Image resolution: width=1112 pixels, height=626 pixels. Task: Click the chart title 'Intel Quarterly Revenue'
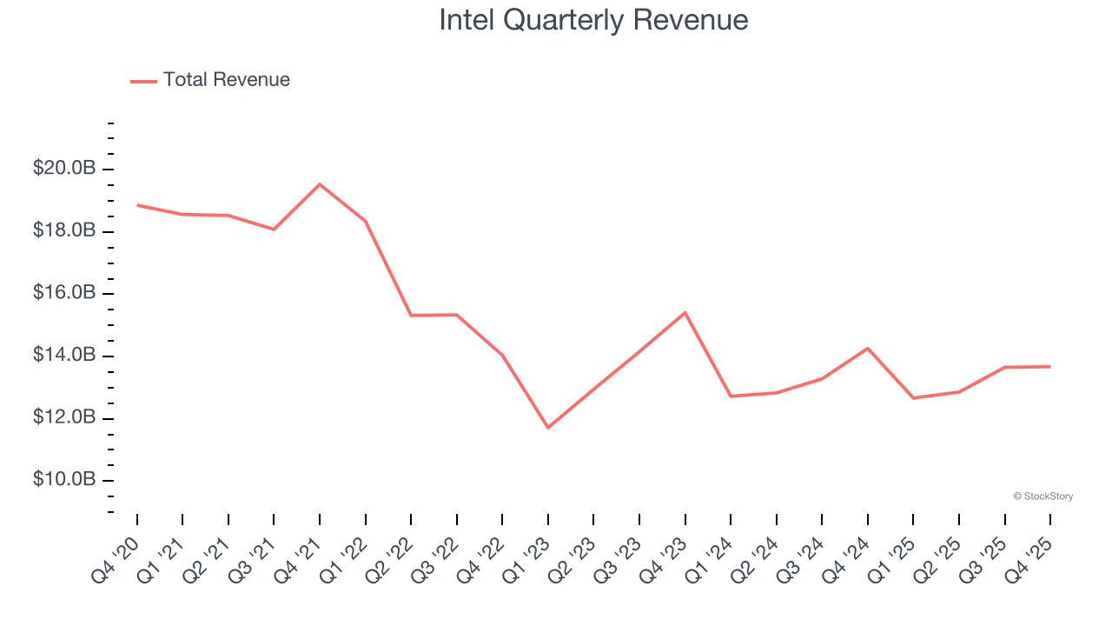(x=593, y=20)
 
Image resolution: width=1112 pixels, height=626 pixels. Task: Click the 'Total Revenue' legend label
(x=226, y=80)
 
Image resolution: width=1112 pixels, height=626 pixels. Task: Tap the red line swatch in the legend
(x=143, y=81)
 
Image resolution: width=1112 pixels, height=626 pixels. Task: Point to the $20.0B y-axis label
(x=64, y=169)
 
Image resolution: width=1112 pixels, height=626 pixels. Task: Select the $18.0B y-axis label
(x=64, y=231)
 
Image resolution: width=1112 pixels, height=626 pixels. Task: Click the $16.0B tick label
(x=64, y=293)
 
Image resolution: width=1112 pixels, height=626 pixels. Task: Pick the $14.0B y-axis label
(x=64, y=356)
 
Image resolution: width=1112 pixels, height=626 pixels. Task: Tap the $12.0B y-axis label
(x=64, y=418)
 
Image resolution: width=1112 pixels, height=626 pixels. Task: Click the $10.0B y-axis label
(x=64, y=480)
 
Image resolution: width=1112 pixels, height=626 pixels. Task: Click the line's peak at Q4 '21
(x=320, y=183)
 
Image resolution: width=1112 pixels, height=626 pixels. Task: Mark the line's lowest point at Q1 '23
(x=548, y=428)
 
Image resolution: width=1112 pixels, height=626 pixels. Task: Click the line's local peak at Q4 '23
(x=685, y=312)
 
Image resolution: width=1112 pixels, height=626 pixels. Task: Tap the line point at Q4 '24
(x=868, y=348)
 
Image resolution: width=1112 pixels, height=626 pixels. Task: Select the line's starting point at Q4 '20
(x=137, y=205)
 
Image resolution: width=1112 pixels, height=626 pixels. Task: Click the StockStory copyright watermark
(x=1042, y=496)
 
